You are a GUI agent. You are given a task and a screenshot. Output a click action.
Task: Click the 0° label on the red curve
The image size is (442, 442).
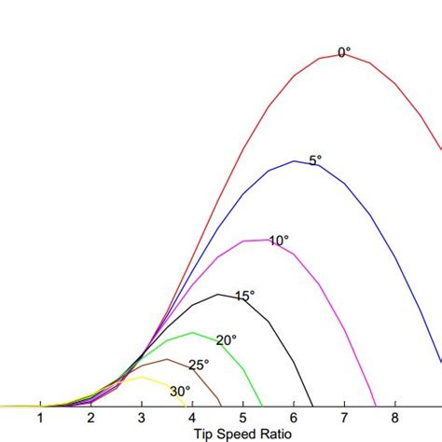(343, 53)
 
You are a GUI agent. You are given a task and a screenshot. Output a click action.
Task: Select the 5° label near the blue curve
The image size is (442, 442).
(315, 160)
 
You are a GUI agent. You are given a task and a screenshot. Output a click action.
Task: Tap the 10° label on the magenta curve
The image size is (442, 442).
(279, 241)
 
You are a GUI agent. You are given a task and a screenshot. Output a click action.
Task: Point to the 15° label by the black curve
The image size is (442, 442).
(244, 297)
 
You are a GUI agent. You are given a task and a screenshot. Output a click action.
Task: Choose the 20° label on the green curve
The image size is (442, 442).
(227, 340)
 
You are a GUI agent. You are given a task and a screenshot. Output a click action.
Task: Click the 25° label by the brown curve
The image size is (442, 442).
(200, 366)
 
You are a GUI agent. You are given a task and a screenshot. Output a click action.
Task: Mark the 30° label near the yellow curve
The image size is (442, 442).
(180, 392)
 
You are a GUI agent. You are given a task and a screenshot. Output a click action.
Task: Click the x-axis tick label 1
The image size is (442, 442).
(40, 418)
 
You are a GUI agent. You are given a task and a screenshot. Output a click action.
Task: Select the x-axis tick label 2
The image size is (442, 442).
(90, 418)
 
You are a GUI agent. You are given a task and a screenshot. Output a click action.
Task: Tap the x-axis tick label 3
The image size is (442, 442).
(142, 418)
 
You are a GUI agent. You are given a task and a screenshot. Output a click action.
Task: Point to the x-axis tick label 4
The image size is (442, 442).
(192, 418)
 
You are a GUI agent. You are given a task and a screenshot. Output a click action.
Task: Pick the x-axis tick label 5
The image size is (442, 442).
(242, 418)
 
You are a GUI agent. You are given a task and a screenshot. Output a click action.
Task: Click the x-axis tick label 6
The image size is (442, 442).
(294, 418)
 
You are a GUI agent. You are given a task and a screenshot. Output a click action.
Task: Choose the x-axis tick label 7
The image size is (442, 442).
(344, 418)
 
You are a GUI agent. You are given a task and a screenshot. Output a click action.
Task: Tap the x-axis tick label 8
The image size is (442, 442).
(394, 418)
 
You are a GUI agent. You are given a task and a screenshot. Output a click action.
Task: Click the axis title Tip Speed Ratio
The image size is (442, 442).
(242, 434)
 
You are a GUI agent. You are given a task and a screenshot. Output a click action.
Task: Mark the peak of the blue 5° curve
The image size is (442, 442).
(294, 161)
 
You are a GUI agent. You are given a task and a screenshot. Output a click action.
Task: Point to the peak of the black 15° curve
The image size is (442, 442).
(218, 295)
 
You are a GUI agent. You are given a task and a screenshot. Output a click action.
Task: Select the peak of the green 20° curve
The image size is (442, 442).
(193, 333)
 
